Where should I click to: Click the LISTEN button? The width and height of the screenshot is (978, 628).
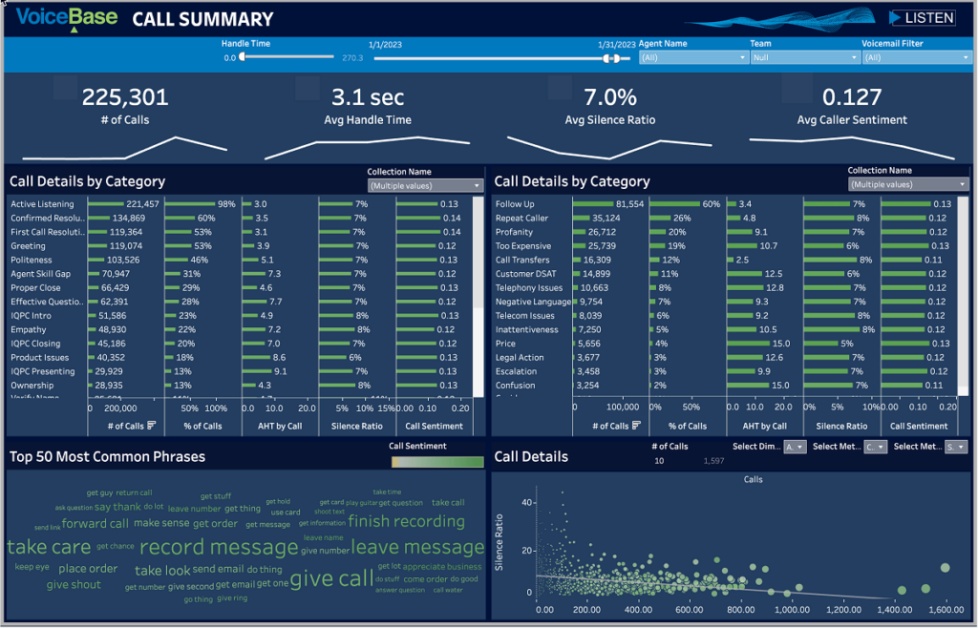[x=922, y=18]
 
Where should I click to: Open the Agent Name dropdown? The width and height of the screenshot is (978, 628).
[x=692, y=57]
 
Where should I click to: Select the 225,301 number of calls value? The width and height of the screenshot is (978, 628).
[x=124, y=96]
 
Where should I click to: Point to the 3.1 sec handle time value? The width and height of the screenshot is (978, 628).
[x=368, y=96]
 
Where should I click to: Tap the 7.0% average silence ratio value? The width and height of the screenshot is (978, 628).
[x=610, y=96]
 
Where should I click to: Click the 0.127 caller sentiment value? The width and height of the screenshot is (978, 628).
[x=852, y=96]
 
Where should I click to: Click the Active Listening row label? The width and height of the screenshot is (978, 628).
[x=43, y=204]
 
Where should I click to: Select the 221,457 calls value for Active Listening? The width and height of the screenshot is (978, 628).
[x=141, y=204]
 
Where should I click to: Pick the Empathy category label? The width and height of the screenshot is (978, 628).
[x=28, y=329]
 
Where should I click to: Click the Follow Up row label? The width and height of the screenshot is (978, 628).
[x=515, y=204]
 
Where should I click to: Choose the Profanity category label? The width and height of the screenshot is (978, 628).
[x=514, y=232]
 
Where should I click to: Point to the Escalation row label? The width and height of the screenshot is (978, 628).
[x=516, y=370]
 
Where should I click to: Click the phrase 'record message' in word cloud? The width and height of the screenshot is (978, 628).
[x=219, y=548]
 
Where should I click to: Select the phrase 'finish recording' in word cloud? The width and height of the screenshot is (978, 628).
[x=406, y=521]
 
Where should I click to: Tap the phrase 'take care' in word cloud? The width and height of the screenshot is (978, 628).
[x=48, y=547]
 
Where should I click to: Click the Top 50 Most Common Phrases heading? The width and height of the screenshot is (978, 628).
[x=107, y=456]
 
